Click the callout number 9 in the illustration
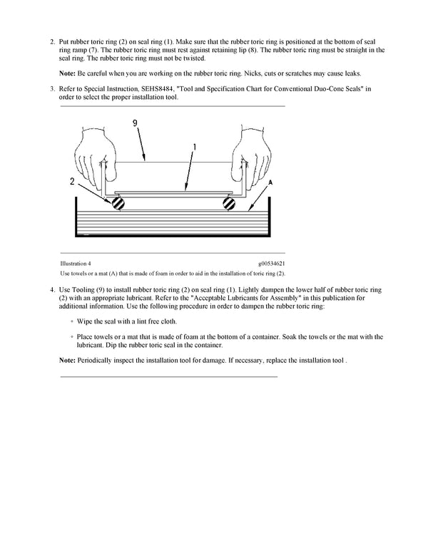pos(135,123)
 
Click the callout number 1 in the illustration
pos(194,146)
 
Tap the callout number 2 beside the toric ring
pos(72,182)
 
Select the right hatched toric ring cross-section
pos(228,203)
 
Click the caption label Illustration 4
pos(75,263)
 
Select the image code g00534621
pos(271,263)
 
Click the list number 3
pos(52,88)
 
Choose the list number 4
pos(52,290)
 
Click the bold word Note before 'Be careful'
pos(67,73)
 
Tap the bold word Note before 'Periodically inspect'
pos(67,360)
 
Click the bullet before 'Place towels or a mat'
pos(72,336)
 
